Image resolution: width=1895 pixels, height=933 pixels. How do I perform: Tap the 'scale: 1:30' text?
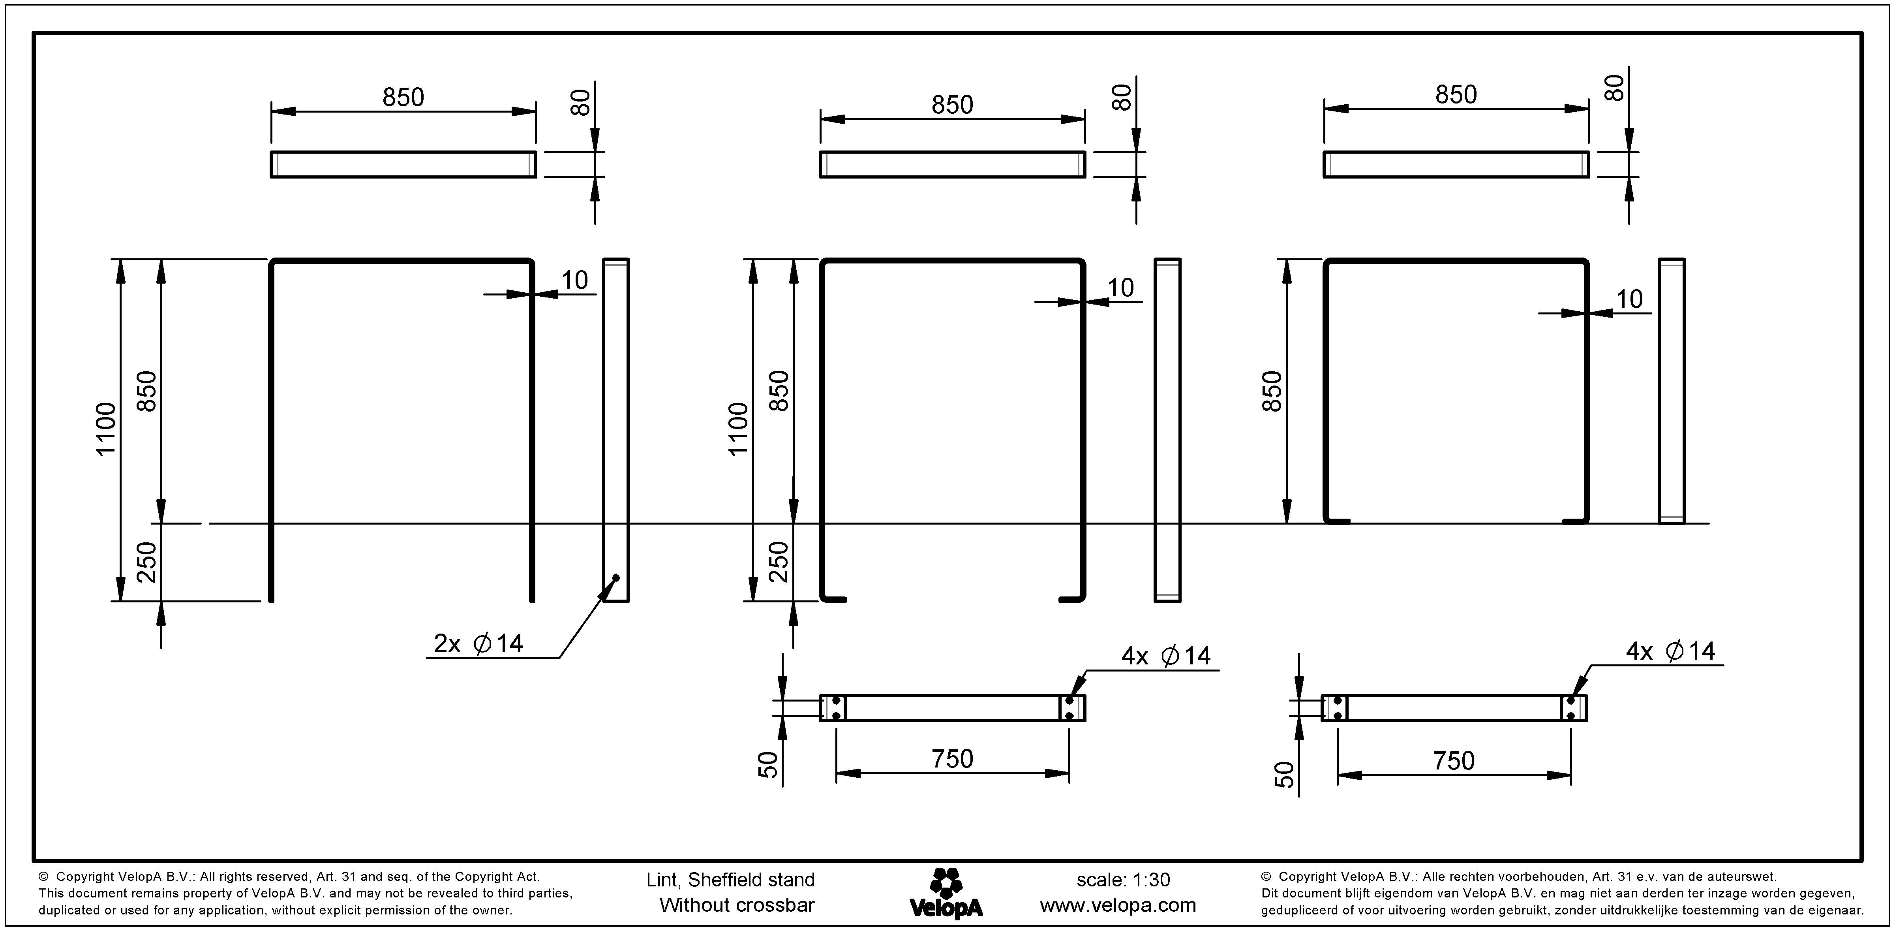pos(1123,880)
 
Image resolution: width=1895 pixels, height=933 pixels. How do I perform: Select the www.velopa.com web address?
pos(1117,905)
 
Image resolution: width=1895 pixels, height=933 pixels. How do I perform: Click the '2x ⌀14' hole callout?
pos(478,644)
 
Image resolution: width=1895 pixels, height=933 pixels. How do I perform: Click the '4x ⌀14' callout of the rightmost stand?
pos(1670,651)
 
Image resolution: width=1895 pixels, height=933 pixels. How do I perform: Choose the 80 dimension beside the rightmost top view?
pos(1615,88)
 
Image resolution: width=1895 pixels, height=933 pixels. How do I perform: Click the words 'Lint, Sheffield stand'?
pos(730,880)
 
